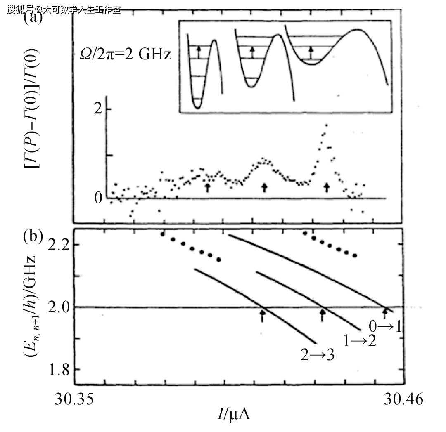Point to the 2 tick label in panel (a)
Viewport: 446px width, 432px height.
97,109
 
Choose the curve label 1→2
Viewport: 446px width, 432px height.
360,341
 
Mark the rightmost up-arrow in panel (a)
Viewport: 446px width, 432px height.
327,187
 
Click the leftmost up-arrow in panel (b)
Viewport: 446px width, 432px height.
262,316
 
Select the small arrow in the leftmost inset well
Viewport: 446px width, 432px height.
199,52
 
